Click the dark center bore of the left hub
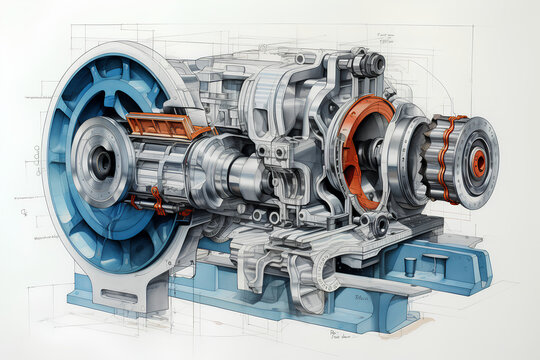pyautogui.click(x=102, y=161)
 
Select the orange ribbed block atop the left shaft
pyautogui.click(x=169, y=125)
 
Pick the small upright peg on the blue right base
pyautogui.click(x=410, y=266)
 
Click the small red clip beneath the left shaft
pyautogui.click(x=156, y=199)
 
